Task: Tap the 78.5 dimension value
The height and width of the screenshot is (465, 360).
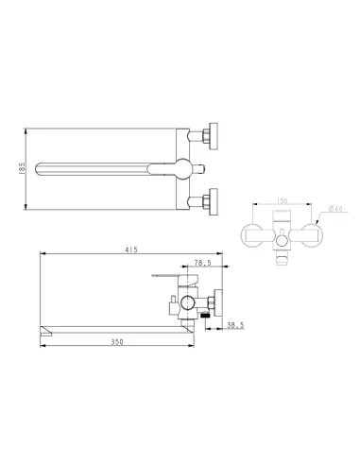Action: [x=201, y=264]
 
